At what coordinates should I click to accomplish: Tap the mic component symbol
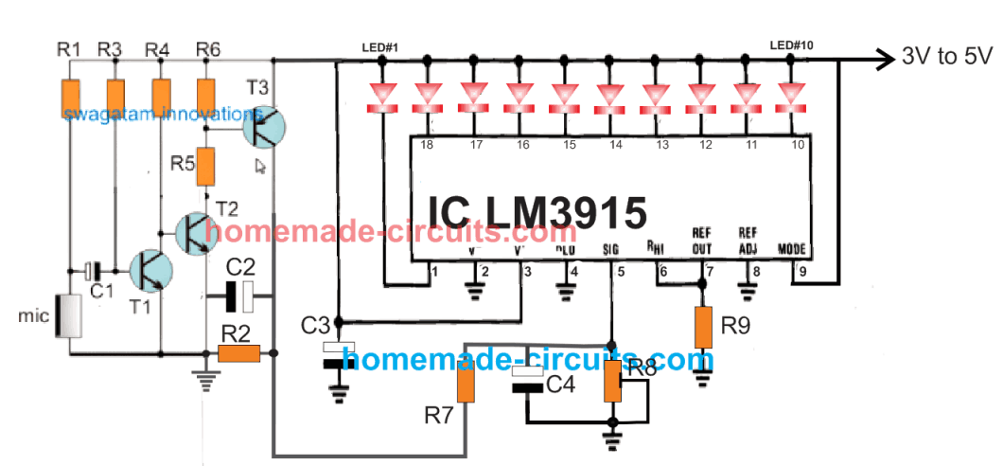click(x=68, y=316)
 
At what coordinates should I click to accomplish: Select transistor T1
click(x=150, y=271)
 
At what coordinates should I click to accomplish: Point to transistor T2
click(x=198, y=231)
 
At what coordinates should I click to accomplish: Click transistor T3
click(x=266, y=126)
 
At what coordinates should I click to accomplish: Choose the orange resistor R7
click(x=465, y=383)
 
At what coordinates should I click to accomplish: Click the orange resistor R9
click(x=702, y=328)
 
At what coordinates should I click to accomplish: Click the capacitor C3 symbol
click(x=339, y=356)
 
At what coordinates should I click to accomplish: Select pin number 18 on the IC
click(x=427, y=145)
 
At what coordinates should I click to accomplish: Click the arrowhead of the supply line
click(x=886, y=59)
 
